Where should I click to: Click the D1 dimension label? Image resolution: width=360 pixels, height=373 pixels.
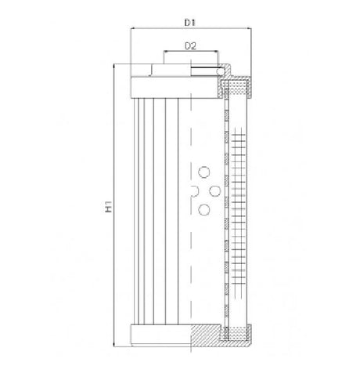[189, 23]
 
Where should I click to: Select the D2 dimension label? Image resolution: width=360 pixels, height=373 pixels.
[189, 46]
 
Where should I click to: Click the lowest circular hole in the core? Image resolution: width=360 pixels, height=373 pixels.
[204, 208]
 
